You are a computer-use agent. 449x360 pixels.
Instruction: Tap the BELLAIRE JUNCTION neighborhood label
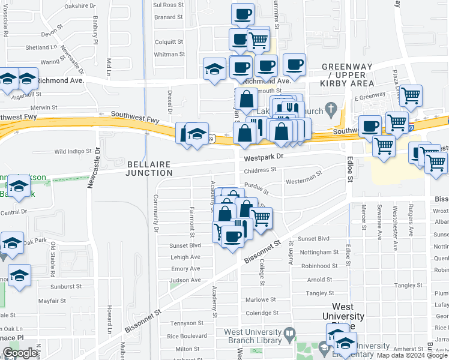[x=149, y=168]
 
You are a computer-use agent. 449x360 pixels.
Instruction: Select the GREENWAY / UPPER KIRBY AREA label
[x=348, y=75]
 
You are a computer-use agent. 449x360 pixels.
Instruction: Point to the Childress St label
[x=259, y=170]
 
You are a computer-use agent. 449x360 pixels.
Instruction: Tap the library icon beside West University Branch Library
[x=290, y=332]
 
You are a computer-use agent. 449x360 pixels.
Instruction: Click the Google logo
[x=19, y=353]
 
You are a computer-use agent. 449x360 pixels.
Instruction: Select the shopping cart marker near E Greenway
[x=411, y=96]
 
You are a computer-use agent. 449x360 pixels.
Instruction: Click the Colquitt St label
[x=169, y=42]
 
